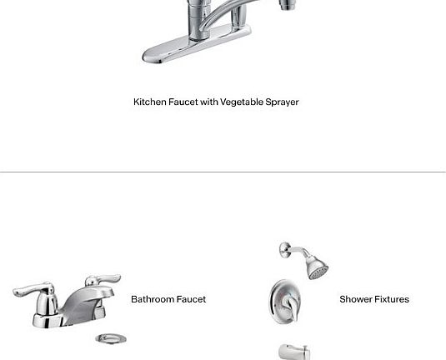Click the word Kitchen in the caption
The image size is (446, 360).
point(150,102)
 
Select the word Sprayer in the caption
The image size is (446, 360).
point(282,102)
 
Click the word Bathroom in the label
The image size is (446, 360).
point(153,299)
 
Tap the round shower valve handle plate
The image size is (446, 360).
point(283,302)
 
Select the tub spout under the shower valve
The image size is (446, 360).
point(294,352)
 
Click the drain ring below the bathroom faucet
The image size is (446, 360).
point(111,338)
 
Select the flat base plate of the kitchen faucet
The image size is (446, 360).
point(197,44)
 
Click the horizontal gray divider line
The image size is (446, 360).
point(223,172)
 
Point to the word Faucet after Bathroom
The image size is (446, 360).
point(191,299)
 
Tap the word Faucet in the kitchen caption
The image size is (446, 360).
point(183,102)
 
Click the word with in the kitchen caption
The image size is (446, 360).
point(208,102)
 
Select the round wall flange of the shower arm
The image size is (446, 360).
point(284,250)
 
